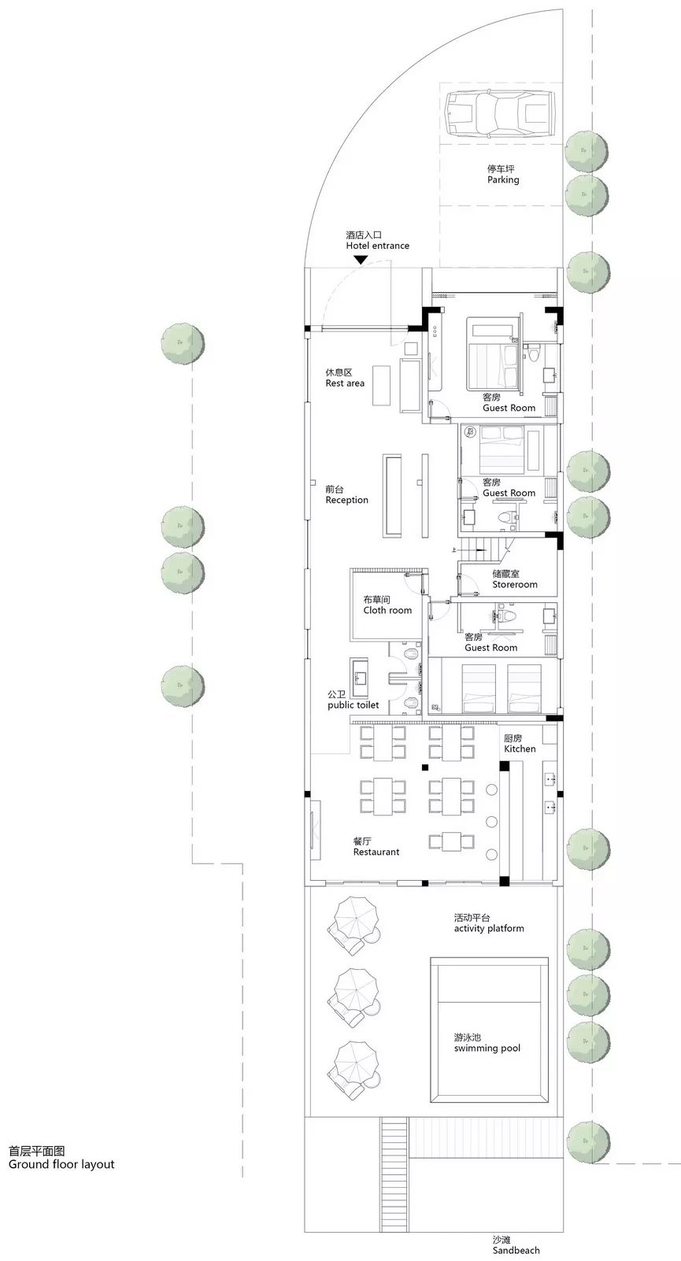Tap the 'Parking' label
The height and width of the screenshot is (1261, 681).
[x=503, y=179]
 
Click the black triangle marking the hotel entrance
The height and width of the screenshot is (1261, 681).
[x=361, y=260]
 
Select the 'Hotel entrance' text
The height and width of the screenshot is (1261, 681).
[x=377, y=246]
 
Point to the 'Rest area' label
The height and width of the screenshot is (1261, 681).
[x=345, y=383]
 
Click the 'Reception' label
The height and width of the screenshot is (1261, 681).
[x=346, y=500]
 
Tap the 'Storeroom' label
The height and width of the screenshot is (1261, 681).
[x=515, y=584]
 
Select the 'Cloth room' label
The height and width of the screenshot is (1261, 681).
[x=387, y=610]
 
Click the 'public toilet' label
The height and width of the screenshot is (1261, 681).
[x=353, y=704]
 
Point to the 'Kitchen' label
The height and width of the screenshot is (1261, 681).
[x=520, y=749]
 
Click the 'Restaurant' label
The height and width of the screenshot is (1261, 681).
[x=376, y=852]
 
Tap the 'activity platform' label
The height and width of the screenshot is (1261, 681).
[x=489, y=928]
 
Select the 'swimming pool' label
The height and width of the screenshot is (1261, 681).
[x=487, y=1048]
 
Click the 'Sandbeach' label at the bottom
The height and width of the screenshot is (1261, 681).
[x=516, y=1250]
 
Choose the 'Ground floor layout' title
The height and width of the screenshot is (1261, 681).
[x=61, y=1164]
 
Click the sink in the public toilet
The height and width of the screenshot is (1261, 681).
[x=359, y=678]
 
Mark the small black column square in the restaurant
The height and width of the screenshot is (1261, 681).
[x=425, y=767]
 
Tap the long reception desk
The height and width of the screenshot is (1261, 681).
[x=393, y=495]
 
